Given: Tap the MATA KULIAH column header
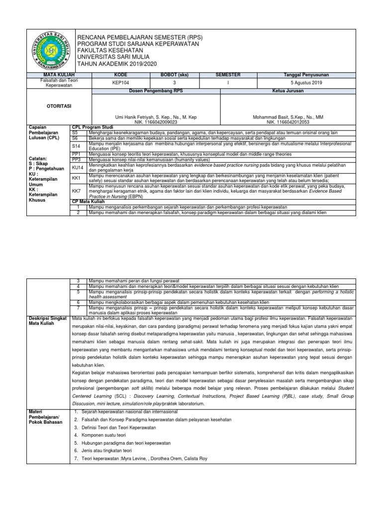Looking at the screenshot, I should click(56, 75).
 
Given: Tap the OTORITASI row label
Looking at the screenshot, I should click(46, 106).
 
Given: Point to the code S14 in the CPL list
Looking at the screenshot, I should click(76, 145).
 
